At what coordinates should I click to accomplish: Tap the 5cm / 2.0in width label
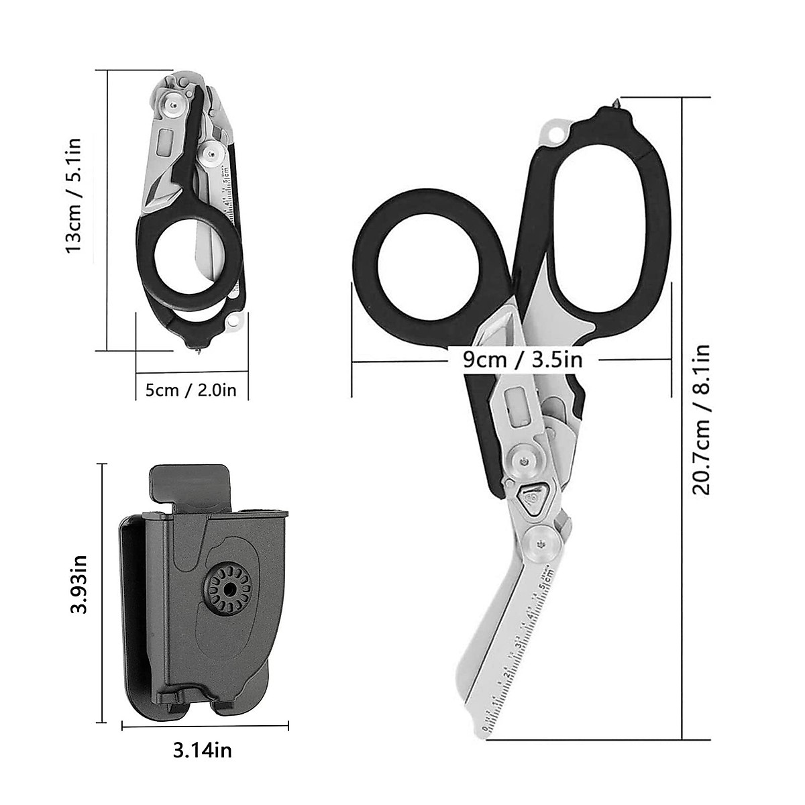pyautogui.click(x=191, y=389)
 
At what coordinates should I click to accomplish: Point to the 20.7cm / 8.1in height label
pyautogui.click(x=702, y=420)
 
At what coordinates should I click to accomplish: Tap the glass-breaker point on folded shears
pyautogui.click(x=201, y=351)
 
